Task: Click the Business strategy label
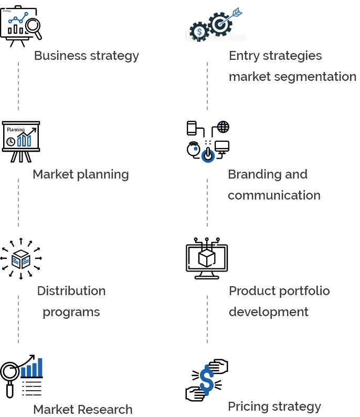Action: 87,56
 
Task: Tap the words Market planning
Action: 81,175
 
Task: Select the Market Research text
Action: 83,410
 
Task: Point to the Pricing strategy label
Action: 274,407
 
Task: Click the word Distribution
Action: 71,291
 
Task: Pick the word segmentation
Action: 315,77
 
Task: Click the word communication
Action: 274,195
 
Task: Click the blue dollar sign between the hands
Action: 207,380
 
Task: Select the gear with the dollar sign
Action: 199,32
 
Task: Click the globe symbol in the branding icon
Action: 223,127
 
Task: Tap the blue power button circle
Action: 208,155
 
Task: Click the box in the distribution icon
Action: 21,259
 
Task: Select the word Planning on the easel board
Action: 16,130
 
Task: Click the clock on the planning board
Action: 10,142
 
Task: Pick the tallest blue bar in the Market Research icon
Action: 40,368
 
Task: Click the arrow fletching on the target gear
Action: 237,12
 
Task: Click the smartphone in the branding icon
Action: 192,128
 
